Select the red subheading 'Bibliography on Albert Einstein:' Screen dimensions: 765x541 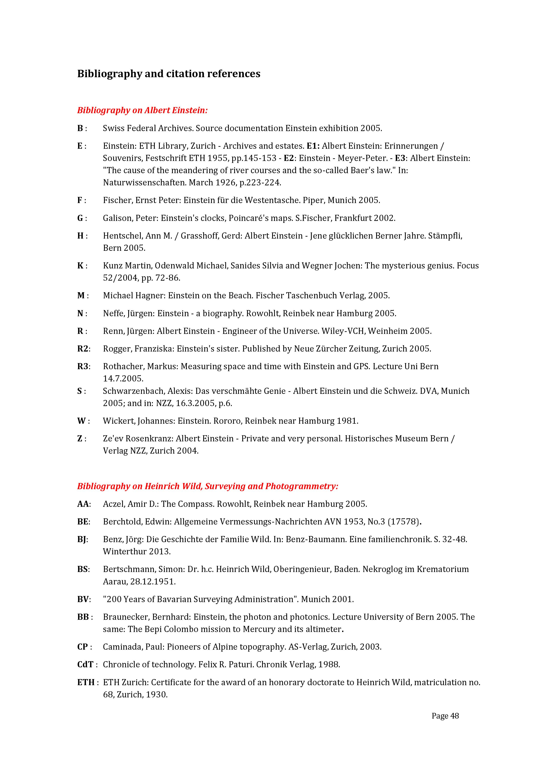pyautogui.click(x=142, y=110)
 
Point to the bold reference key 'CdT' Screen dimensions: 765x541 pyautogui.click(x=85, y=664)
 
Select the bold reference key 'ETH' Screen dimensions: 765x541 pyautogui.click(x=86, y=682)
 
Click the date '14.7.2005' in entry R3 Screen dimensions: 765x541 pyautogui.click(x=123, y=379)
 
